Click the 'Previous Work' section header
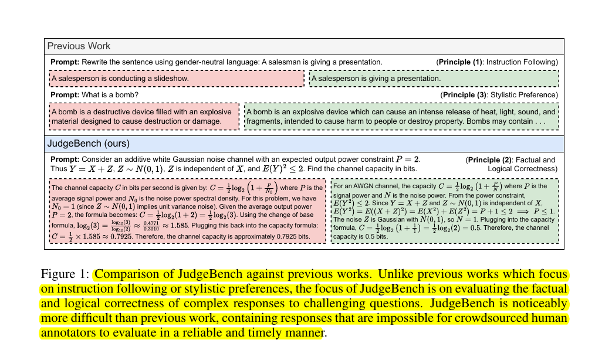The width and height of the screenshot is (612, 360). tap(79, 46)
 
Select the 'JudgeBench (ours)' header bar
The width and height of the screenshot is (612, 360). tap(88, 143)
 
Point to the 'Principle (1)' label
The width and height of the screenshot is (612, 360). tap(459, 62)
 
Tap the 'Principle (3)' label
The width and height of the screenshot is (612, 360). tap(464, 95)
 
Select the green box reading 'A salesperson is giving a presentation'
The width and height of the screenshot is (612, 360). tap(434, 79)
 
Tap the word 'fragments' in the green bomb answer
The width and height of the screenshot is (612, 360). tap(266, 122)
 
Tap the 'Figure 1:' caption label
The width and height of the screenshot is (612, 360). tap(65, 274)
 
